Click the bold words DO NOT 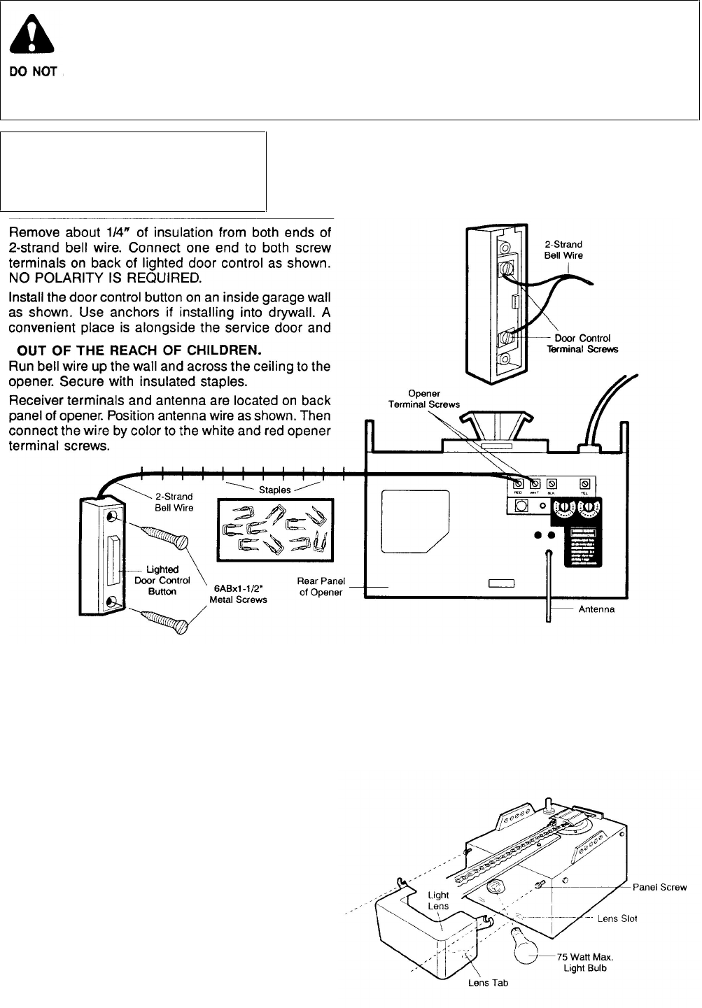click(32, 72)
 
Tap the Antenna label click(596, 609)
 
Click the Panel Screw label click(659, 887)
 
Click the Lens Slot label click(617, 918)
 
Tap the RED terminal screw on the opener click(519, 483)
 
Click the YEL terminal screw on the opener click(585, 483)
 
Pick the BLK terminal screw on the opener click(551, 483)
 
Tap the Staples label click(274, 490)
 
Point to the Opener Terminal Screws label click(424, 399)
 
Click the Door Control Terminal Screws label click(583, 343)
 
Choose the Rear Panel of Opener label click(321, 587)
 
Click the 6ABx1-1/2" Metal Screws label click(238, 594)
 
